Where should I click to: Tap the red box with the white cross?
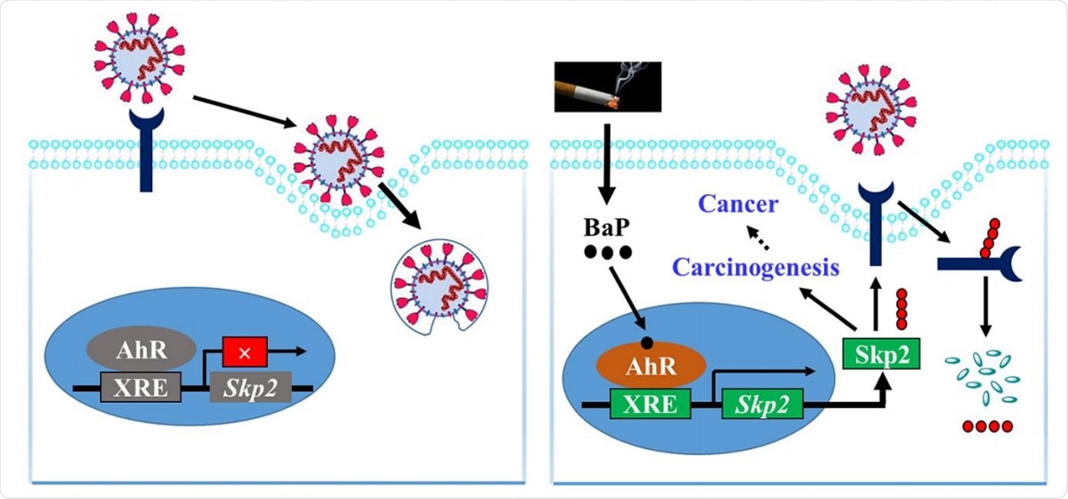(246, 353)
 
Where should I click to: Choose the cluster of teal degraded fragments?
(984, 376)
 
